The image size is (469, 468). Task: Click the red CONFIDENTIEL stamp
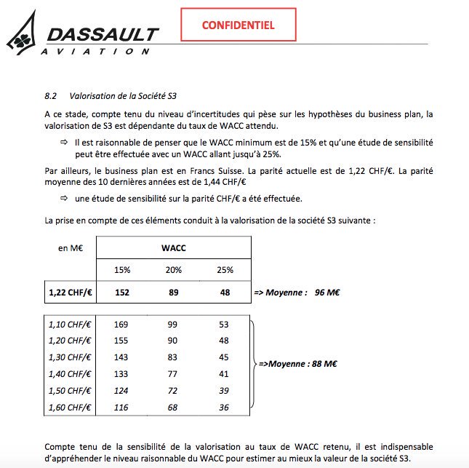tap(238, 25)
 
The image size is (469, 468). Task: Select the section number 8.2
tap(52, 95)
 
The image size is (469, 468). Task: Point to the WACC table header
tap(173, 248)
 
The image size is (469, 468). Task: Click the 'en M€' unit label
tap(70, 248)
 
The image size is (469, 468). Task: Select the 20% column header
tap(173, 270)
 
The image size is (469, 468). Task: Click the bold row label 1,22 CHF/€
tap(70, 293)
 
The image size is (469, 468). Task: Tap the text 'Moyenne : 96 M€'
tap(298, 293)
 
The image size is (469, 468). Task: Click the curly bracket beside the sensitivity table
tap(252, 362)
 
